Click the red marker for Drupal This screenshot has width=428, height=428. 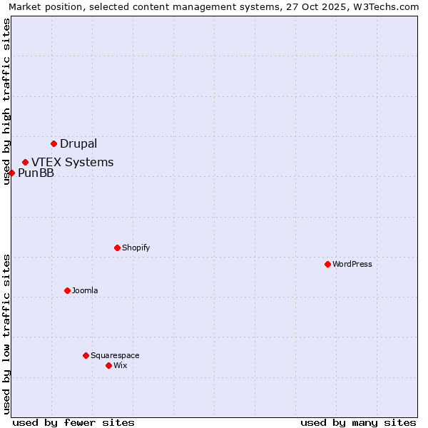click(53, 143)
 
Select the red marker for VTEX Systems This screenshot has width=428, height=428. click(25, 162)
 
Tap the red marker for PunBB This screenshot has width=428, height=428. click(11, 173)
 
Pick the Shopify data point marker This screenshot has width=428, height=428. click(117, 248)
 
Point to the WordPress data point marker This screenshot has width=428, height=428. click(327, 264)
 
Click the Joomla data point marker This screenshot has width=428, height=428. click(67, 290)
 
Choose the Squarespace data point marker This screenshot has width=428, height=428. click(86, 355)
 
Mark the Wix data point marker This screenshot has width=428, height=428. click(108, 365)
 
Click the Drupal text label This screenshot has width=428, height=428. click(78, 143)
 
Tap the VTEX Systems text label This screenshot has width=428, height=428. click(72, 162)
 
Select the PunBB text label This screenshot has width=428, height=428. click(36, 173)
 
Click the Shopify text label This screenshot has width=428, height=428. click(136, 248)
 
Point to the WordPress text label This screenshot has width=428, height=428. click(352, 264)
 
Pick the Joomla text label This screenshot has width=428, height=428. click(85, 290)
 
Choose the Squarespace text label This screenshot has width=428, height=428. click(115, 355)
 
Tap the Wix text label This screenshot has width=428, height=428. click(120, 365)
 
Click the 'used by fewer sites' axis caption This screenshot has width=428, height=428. click(73, 422)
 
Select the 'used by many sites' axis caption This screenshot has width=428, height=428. click(358, 422)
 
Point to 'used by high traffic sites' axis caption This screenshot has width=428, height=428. click(6, 101)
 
